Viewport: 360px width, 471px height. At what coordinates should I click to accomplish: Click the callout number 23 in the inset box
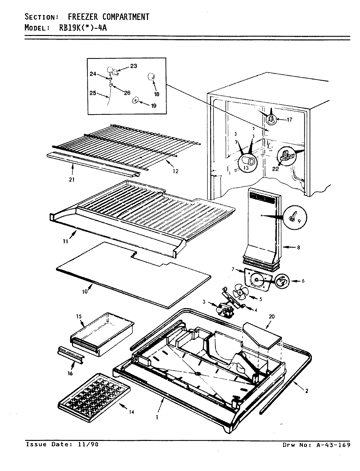(133, 66)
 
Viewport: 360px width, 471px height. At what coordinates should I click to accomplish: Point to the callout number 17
(289, 120)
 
